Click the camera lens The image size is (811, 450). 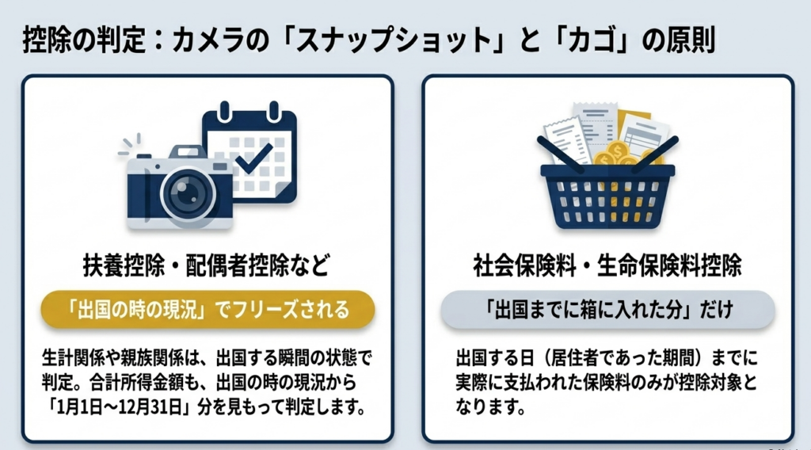(188, 195)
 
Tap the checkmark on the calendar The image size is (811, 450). (253, 158)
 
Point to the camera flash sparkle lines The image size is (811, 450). (129, 144)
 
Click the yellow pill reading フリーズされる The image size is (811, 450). (208, 309)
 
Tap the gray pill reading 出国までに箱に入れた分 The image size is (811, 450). (607, 309)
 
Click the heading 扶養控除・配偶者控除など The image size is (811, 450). (207, 265)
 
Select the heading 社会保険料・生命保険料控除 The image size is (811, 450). (607, 265)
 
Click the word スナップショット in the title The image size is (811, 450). (393, 40)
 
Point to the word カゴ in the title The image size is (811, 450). (589, 40)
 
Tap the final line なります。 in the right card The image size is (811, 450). (490, 407)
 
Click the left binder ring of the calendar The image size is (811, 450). (224, 111)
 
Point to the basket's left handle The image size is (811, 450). (562, 154)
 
